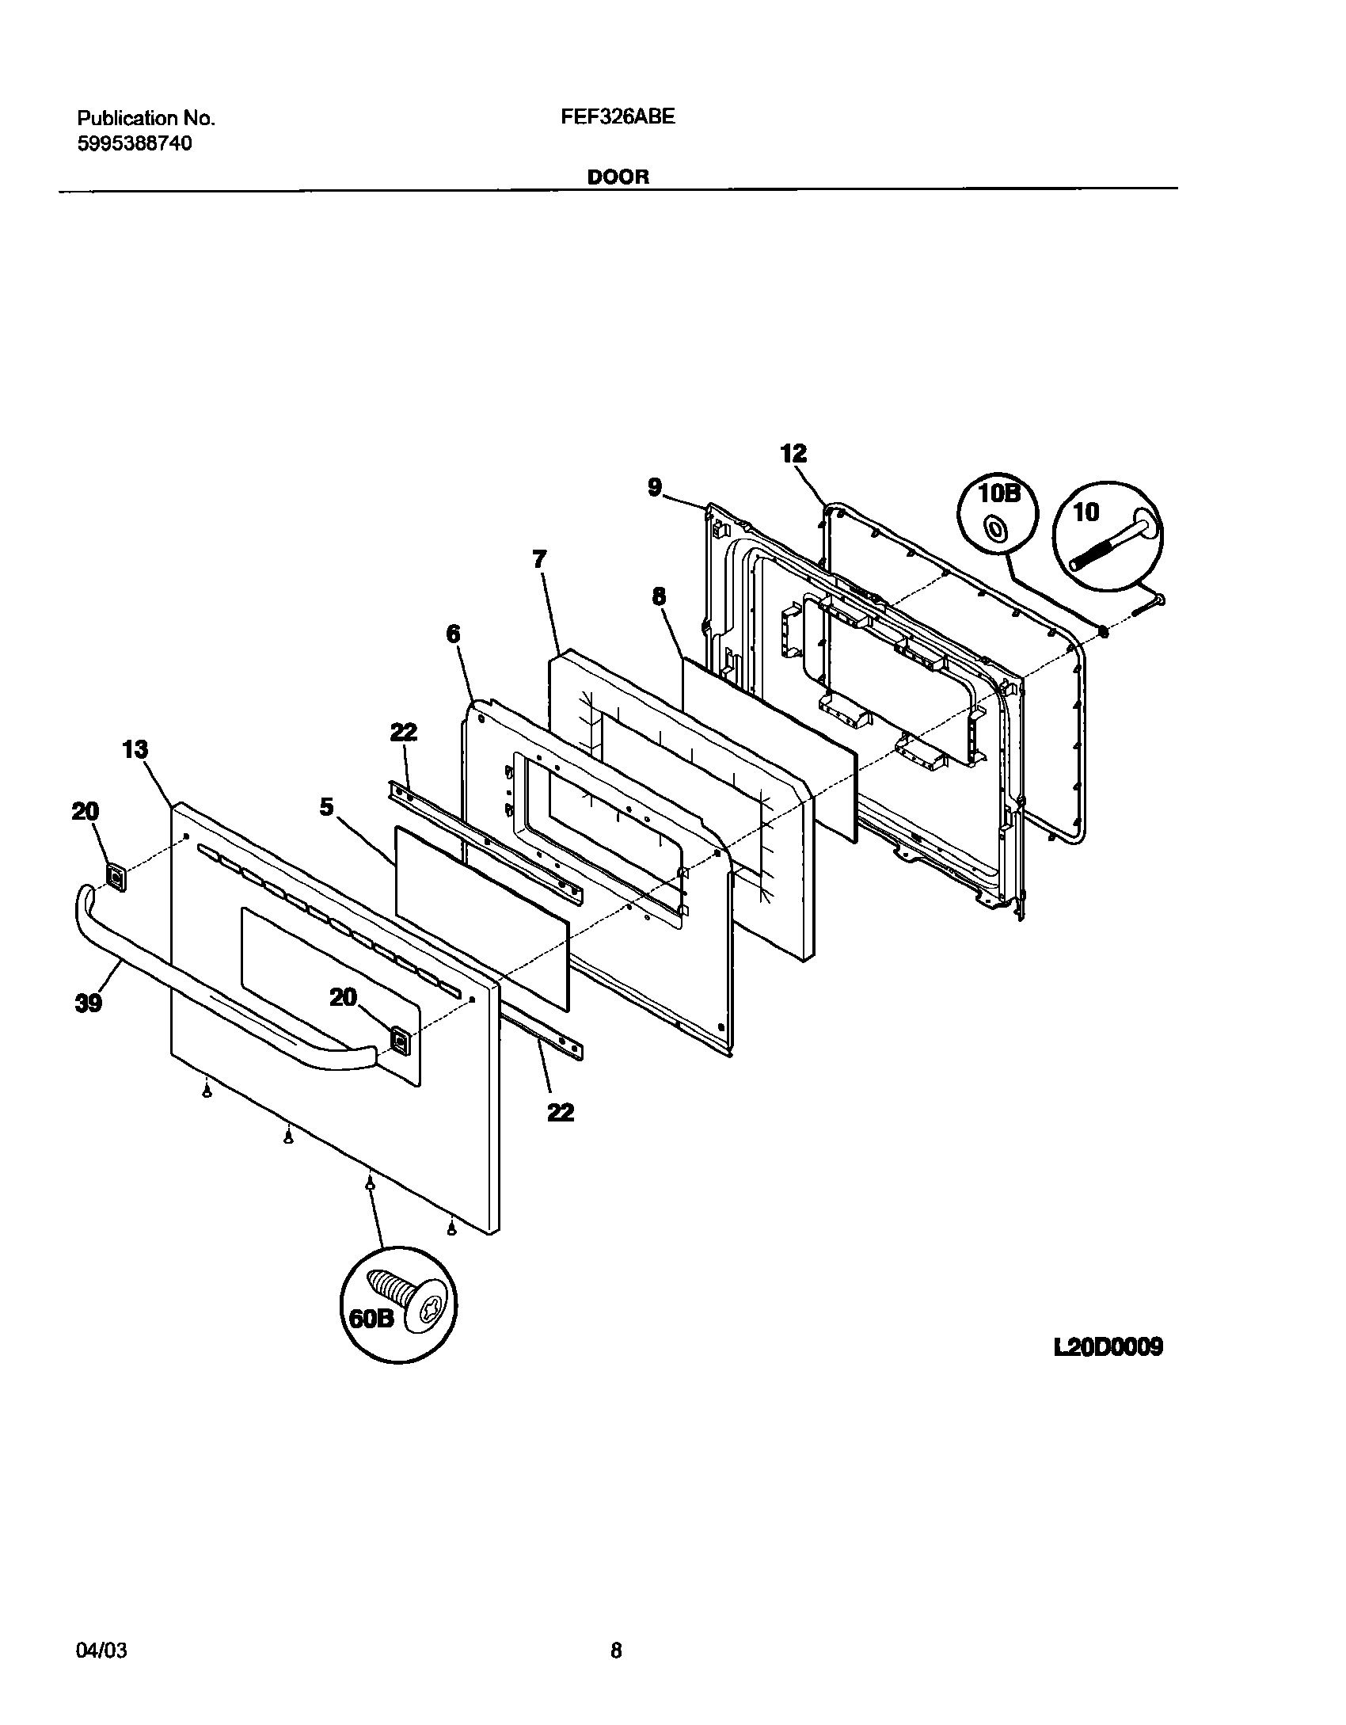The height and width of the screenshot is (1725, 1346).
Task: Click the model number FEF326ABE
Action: (618, 117)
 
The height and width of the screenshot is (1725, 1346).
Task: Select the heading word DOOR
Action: (618, 177)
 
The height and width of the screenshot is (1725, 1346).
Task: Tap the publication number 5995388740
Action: (134, 143)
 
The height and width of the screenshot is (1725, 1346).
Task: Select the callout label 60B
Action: (371, 1319)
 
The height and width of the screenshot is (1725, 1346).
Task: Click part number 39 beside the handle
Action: (89, 1003)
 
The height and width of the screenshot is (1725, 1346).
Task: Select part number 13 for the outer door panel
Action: (135, 749)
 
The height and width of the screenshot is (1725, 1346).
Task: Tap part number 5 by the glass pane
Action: (327, 806)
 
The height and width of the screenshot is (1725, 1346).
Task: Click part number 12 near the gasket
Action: (793, 454)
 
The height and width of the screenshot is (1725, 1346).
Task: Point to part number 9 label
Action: (654, 488)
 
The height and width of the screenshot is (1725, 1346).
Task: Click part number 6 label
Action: (453, 634)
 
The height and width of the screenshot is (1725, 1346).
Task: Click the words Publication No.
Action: (146, 118)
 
